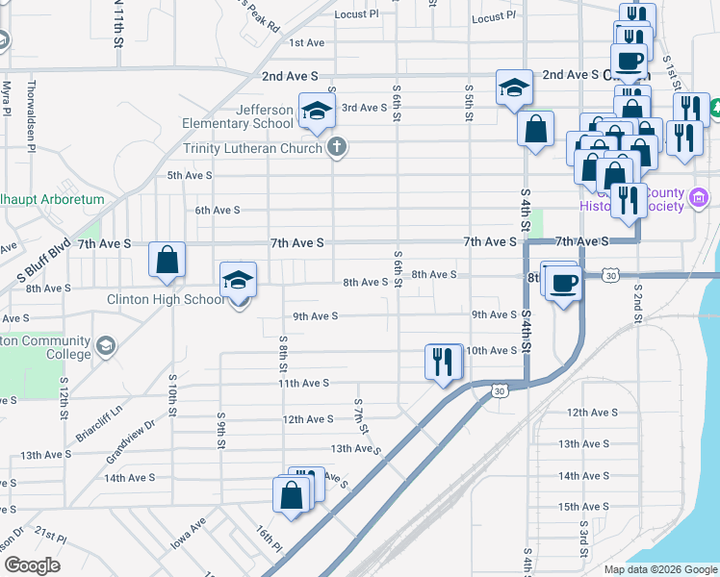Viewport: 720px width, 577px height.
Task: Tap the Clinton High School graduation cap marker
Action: tap(239, 280)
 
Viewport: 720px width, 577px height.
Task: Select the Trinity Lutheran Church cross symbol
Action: tap(335, 148)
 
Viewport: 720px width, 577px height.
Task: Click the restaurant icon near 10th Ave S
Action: tap(443, 362)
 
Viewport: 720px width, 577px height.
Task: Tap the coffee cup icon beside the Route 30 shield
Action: tap(564, 282)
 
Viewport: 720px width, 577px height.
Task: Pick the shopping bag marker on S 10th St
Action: tap(167, 260)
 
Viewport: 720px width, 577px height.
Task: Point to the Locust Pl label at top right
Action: tap(496, 18)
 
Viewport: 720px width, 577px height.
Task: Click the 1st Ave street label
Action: tap(308, 42)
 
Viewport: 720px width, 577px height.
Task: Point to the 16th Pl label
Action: tap(269, 540)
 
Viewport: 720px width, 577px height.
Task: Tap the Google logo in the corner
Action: tap(32, 565)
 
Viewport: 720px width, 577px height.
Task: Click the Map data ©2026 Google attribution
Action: tap(660, 569)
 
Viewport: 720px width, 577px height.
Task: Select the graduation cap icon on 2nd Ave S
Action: tap(514, 88)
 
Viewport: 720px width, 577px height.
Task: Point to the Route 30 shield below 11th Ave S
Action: tap(498, 390)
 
